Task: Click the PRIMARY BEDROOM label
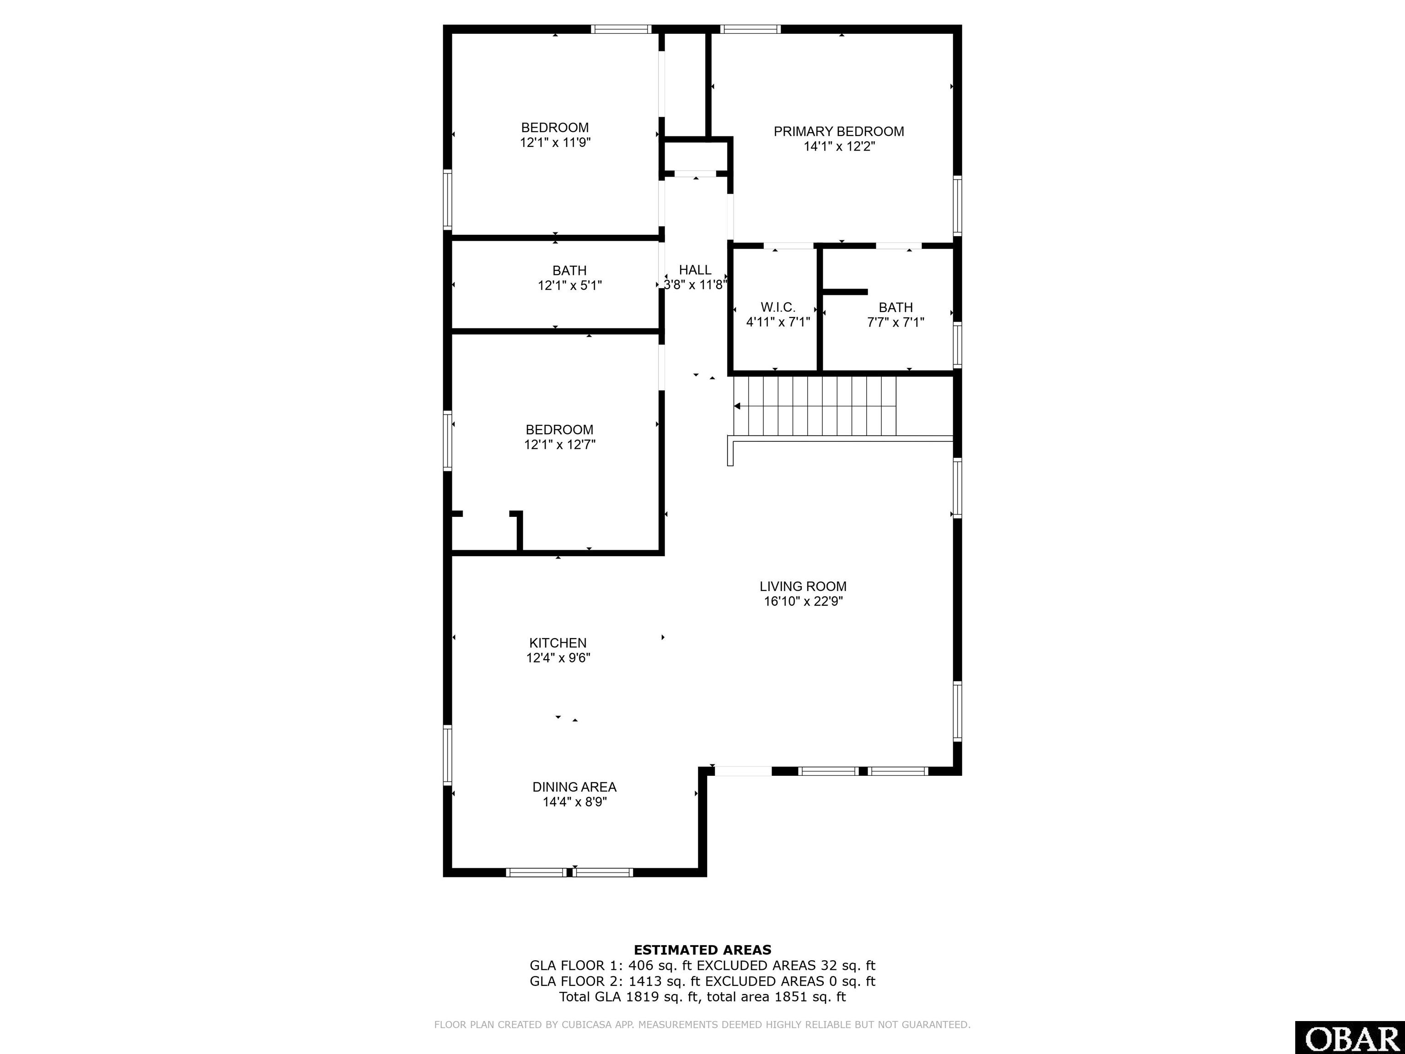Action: [x=838, y=131]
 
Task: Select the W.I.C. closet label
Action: [x=778, y=307]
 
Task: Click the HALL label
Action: [x=695, y=270]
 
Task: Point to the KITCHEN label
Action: [x=558, y=643]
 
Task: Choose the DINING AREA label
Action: [x=574, y=787]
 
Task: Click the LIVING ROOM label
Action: [x=803, y=586]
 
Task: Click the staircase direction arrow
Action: [x=737, y=406]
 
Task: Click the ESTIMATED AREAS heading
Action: [x=702, y=950]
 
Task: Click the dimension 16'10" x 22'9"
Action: [x=803, y=602]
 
